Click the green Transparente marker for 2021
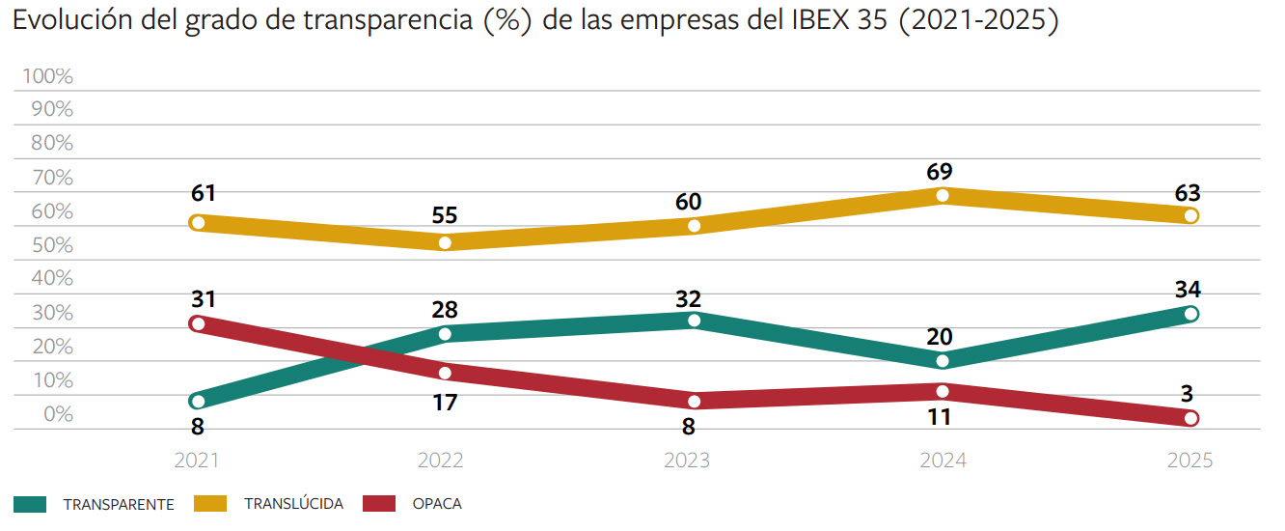[x=199, y=401]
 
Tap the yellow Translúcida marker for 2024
[x=942, y=196]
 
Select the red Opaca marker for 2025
[x=1190, y=418]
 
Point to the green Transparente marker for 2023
[x=694, y=320]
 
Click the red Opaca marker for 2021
[x=199, y=324]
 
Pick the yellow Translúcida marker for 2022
[x=446, y=242]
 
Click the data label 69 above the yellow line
[x=939, y=172]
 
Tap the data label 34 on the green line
[x=1187, y=290]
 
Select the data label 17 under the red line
[x=444, y=403]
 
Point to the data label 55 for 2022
[x=445, y=216]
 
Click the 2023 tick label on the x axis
[x=687, y=461]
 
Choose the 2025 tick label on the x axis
[x=1189, y=461]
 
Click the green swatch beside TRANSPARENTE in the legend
[x=30, y=504]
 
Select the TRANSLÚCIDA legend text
[x=293, y=504]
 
